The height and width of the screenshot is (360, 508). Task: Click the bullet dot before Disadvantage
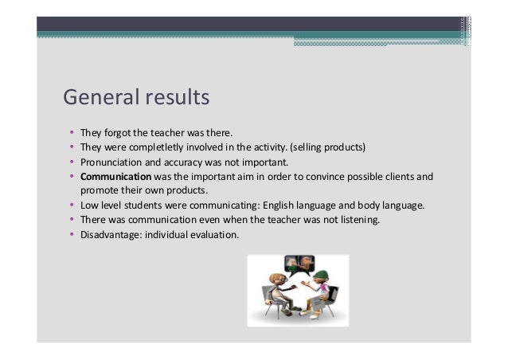[71, 234]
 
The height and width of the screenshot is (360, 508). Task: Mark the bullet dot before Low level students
[71, 205]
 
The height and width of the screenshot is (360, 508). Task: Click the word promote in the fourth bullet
[95, 190]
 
